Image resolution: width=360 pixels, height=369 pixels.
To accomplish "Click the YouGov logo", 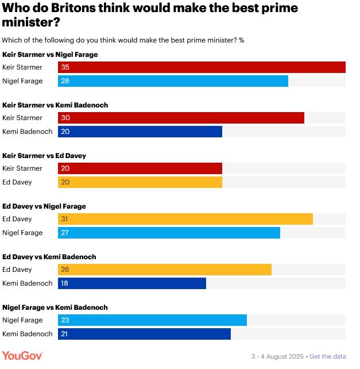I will click(x=21, y=356).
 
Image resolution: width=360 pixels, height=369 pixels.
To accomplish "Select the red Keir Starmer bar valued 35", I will click(x=202, y=67).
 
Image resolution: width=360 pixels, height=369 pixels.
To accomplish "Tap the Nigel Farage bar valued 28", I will click(x=173, y=81).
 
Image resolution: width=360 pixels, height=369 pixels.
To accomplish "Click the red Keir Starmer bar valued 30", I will click(x=181, y=118).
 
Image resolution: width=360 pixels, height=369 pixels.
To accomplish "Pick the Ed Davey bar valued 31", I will click(x=185, y=219).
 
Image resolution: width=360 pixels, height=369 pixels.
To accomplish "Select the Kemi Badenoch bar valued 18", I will click(x=131, y=283).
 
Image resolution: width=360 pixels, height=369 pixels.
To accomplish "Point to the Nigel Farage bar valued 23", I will click(x=152, y=320).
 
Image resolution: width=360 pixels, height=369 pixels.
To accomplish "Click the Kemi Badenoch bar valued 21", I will click(x=144, y=334).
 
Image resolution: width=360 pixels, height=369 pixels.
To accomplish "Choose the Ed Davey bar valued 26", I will click(x=164, y=270).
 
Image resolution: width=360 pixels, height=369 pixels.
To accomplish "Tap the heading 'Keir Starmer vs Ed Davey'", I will click(x=44, y=156).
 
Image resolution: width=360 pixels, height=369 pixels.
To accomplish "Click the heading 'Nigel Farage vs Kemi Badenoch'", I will click(x=55, y=307).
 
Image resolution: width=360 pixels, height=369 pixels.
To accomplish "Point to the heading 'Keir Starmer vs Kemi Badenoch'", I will click(x=55, y=105).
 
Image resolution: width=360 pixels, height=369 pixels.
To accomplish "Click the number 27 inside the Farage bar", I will click(x=64, y=233).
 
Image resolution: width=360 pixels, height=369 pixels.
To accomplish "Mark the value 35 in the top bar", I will click(x=64, y=67).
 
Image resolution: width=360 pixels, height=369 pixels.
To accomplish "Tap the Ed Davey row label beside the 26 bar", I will click(x=17, y=270).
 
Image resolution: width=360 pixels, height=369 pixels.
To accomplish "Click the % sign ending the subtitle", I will click(x=242, y=40).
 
